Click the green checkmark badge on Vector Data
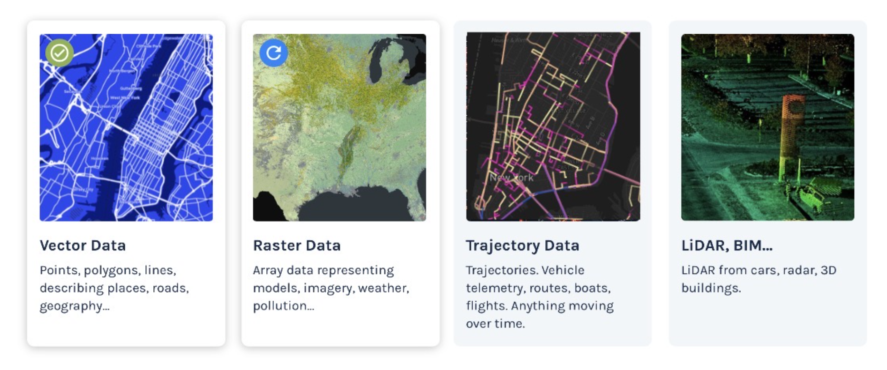(60, 53)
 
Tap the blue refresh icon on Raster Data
(274, 52)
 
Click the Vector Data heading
(83, 245)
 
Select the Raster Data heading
(297, 245)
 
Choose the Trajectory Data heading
(522, 245)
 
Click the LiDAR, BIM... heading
(726, 245)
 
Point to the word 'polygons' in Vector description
(112, 271)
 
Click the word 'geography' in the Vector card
(71, 306)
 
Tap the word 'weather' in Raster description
(383, 288)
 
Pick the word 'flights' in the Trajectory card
(485, 306)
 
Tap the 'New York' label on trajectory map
(511, 178)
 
